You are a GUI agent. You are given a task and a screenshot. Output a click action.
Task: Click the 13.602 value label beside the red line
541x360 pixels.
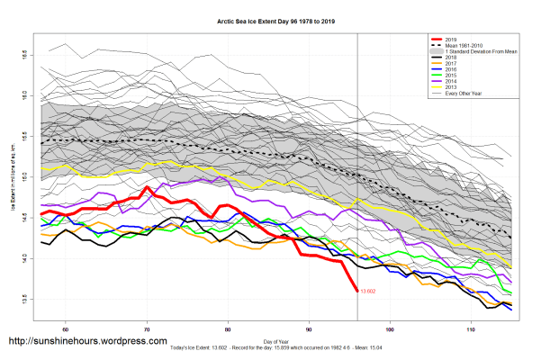click(x=367, y=291)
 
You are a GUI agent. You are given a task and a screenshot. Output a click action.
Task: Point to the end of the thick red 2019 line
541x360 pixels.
click(x=357, y=290)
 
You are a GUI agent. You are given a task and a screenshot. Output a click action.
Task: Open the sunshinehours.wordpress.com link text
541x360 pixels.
click(x=87, y=342)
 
